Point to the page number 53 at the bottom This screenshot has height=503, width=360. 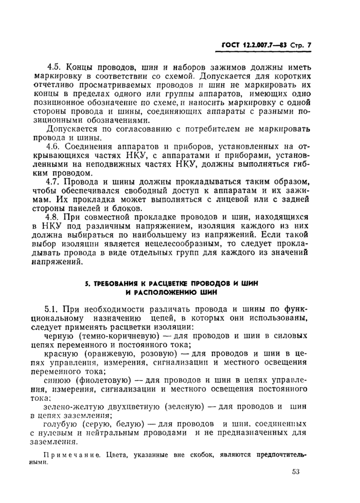[295, 472]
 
